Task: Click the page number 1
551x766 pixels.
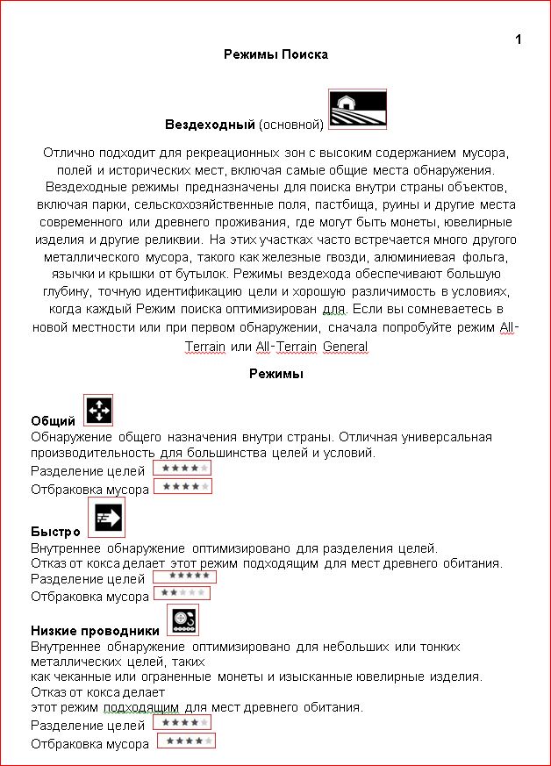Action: pyautogui.click(x=519, y=39)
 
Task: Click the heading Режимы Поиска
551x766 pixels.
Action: pyautogui.click(x=275, y=54)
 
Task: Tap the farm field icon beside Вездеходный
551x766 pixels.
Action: pyautogui.click(x=358, y=109)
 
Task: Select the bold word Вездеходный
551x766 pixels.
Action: pyautogui.click(x=210, y=124)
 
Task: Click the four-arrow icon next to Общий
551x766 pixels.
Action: pyautogui.click(x=98, y=409)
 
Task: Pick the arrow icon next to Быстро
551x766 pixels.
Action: pyautogui.click(x=107, y=518)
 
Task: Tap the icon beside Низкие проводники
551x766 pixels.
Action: pyautogui.click(x=182, y=619)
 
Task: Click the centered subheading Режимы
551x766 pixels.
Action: pyautogui.click(x=275, y=374)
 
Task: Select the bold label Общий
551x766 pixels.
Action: pyautogui.click(x=53, y=421)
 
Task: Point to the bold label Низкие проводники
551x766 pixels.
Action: pyautogui.click(x=95, y=631)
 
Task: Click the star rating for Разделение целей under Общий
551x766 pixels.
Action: pyautogui.click(x=182, y=469)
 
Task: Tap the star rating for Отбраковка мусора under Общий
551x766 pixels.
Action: pyautogui.click(x=183, y=486)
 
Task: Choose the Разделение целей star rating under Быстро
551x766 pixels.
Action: pyautogui.click(x=184, y=576)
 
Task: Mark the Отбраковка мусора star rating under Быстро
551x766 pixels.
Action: pyautogui.click(x=181, y=594)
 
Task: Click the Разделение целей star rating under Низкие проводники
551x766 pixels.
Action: pyautogui.click(x=182, y=722)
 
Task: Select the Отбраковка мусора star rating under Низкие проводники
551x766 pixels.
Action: pyautogui.click(x=186, y=741)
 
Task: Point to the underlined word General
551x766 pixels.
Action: pyautogui.click(x=345, y=347)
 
